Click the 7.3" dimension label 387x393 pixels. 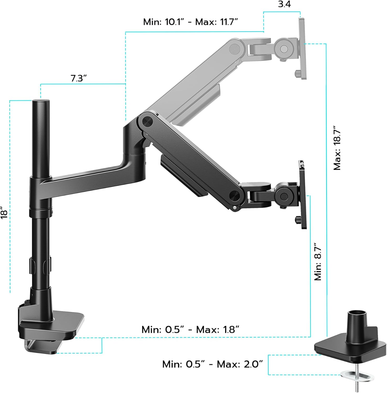[78, 78]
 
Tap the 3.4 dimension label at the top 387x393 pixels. [284, 4]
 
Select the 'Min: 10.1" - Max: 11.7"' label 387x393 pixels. [190, 22]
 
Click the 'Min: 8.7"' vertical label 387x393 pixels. [318, 262]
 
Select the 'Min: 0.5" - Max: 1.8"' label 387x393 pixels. [190, 329]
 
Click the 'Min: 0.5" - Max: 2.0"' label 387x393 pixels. [213, 364]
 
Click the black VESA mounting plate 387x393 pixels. [302, 195]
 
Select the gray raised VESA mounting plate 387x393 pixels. [302, 48]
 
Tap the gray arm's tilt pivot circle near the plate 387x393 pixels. [284, 49]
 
